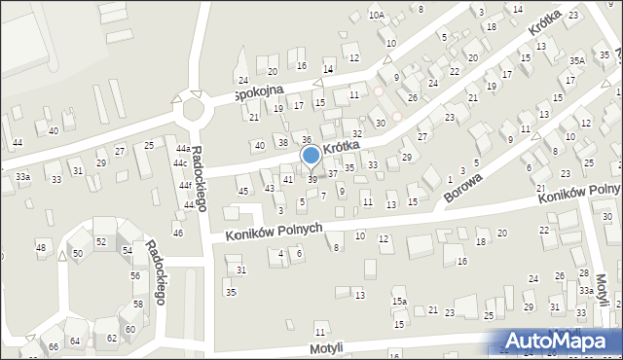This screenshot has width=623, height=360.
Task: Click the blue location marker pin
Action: click(x=311, y=156)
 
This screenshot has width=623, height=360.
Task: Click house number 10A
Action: click(x=376, y=16)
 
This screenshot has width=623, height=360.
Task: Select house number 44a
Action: click(x=182, y=148)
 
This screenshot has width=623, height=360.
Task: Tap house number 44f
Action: click(x=185, y=184)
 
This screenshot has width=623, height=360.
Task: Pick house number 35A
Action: click(x=578, y=60)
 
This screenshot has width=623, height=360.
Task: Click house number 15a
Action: click(x=399, y=302)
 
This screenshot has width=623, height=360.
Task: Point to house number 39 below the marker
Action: click(x=311, y=180)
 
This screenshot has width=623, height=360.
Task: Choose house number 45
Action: click(x=243, y=190)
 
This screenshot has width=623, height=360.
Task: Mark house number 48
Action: click(x=41, y=247)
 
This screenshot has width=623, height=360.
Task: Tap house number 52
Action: click(x=100, y=241)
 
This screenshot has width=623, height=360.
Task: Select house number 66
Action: click(x=54, y=346)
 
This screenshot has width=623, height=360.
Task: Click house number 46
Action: click(x=177, y=233)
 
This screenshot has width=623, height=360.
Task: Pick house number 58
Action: click(x=137, y=304)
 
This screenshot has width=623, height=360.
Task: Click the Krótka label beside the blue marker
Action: click(x=342, y=145)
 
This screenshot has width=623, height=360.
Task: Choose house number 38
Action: click(x=283, y=142)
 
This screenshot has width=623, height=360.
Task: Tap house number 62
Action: click(x=113, y=337)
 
